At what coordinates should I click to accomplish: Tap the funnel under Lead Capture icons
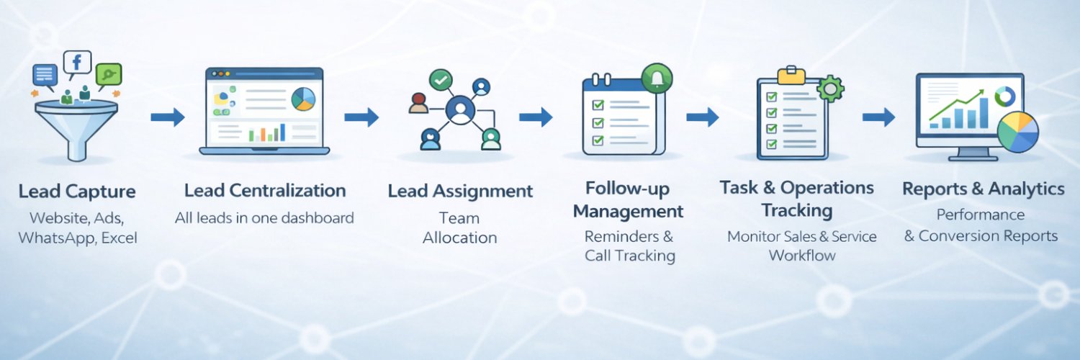coord(76,126)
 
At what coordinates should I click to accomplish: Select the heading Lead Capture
coord(77,192)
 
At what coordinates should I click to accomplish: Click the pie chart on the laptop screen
coord(304,99)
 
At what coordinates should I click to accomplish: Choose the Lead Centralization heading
coord(265,191)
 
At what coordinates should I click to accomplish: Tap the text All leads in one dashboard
coord(264,217)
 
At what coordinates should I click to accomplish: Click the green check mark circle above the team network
coord(440,80)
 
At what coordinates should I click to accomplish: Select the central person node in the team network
coord(459,110)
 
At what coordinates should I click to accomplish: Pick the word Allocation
coord(460,238)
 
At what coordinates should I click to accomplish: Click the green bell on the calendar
coord(656,78)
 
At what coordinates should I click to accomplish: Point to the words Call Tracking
coord(630,256)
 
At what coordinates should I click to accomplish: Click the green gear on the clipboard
coord(832,88)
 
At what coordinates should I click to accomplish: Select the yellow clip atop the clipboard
coord(791,73)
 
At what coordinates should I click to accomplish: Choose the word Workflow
coord(801,256)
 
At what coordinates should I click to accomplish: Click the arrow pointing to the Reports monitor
coord(878,117)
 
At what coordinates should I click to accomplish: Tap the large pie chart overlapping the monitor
coord(1017,132)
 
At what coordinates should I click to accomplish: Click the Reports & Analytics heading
coord(983,189)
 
